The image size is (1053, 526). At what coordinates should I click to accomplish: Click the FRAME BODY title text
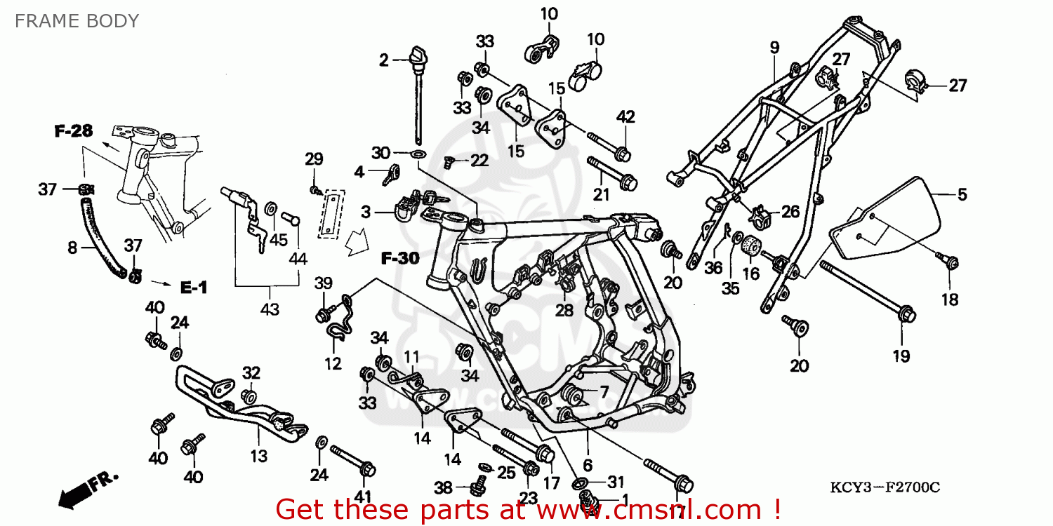pyautogui.click(x=77, y=21)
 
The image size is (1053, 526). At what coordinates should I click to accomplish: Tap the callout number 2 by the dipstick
pyautogui.click(x=384, y=60)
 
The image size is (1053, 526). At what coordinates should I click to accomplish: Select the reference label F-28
pyautogui.click(x=74, y=131)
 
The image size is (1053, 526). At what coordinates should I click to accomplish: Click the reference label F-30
pyautogui.click(x=400, y=258)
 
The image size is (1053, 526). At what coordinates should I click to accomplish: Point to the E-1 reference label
pyautogui.click(x=194, y=287)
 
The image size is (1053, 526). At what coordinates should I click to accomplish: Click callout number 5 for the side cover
pyautogui.click(x=962, y=194)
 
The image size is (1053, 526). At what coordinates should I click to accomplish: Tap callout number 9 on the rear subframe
pyautogui.click(x=774, y=48)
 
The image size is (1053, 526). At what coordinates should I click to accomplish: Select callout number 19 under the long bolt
pyautogui.click(x=901, y=356)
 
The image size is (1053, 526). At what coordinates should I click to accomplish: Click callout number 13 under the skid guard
pyautogui.click(x=259, y=456)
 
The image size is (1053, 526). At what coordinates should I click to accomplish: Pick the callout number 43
pyautogui.click(x=270, y=309)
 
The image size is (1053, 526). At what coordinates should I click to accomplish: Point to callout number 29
pyautogui.click(x=314, y=159)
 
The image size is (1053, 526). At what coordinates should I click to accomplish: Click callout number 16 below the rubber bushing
pyautogui.click(x=751, y=273)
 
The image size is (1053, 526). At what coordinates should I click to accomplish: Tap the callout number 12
pyautogui.click(x=333, y=363)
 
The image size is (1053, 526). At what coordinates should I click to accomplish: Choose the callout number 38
pyautogui.click(x=443, y=486)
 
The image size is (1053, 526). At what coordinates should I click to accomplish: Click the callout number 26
pyautogui.click(x=790, y=211)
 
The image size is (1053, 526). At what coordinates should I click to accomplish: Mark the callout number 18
pyautogui.click(x=950, y=299)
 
